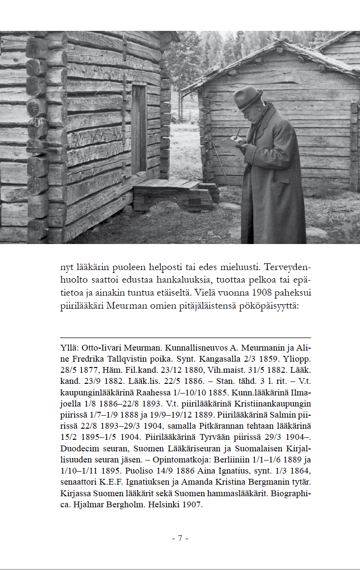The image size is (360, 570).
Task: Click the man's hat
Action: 248,98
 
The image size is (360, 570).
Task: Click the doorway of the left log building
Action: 139,129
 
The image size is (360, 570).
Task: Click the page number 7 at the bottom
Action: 180,539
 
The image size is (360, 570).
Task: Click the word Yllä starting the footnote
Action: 69,348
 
